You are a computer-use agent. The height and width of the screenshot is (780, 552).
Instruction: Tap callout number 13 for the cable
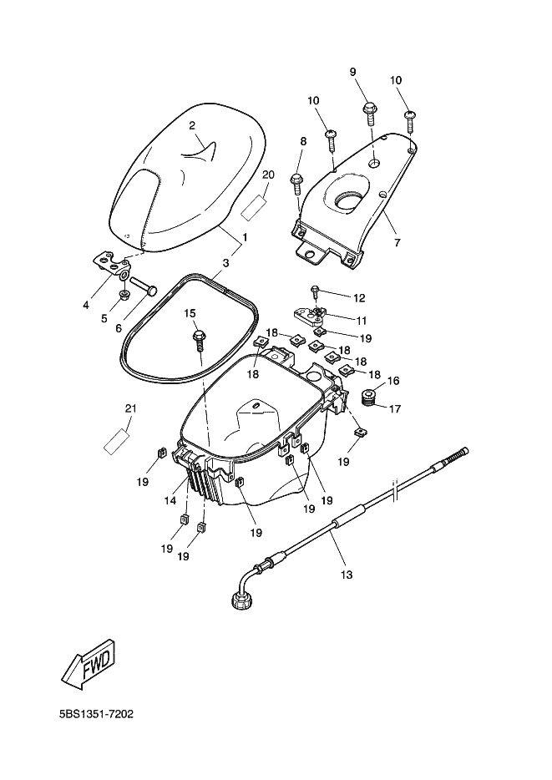(346, 575)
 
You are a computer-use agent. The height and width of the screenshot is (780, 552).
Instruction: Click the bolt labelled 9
(371, 114)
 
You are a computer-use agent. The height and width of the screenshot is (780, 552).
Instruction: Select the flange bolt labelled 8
(297, 184)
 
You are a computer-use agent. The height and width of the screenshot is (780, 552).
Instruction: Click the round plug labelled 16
(369, 396)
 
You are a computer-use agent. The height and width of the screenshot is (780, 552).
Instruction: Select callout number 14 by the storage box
(170, 501)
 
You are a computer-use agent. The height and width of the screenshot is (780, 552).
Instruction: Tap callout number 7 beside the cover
(397, 243)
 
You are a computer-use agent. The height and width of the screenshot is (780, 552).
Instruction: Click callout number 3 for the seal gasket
(225, 263)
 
